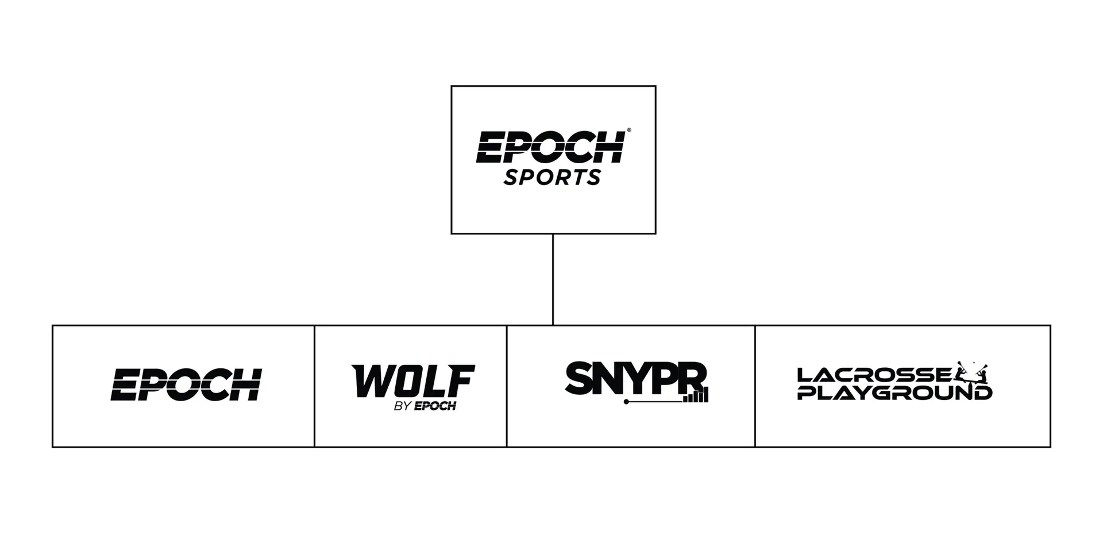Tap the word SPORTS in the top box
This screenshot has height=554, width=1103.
click(552, 178)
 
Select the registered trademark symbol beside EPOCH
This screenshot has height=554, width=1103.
click(628, 131)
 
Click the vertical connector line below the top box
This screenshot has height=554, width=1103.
click(553, 279)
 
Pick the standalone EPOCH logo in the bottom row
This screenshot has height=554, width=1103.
click(186, 384)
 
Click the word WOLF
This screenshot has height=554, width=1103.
click(413, 381)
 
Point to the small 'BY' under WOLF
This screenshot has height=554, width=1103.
click(402, 406)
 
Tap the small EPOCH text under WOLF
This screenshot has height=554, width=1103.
click(435, 406)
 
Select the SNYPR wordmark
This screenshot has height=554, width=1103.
click(635, 378)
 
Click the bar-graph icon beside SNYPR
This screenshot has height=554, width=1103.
click(696, 395)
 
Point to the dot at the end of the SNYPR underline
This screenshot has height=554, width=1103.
click(626, 402)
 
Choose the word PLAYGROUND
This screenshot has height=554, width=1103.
click(894, 394)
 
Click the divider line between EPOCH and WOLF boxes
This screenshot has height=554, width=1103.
click(314, 386)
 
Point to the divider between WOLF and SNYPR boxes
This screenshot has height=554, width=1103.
click(506, 386)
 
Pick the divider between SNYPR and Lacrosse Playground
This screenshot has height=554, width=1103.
click(755, 386)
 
